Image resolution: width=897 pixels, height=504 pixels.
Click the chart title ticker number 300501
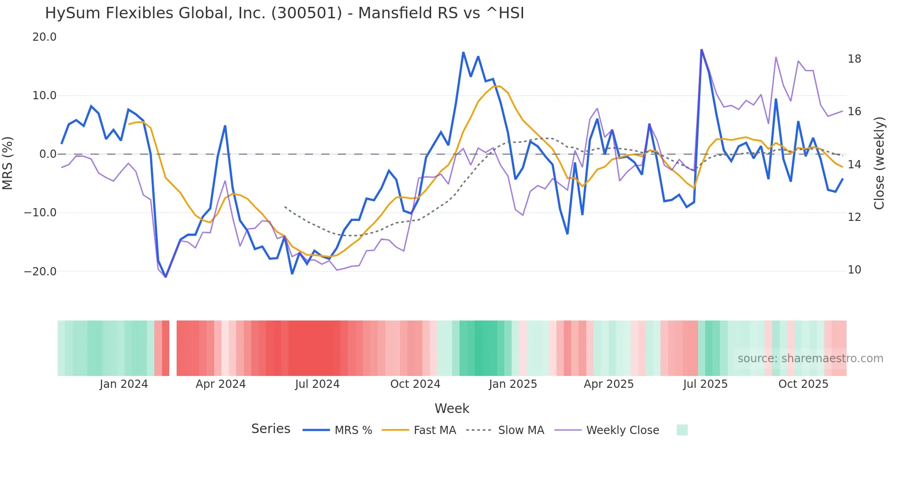306,13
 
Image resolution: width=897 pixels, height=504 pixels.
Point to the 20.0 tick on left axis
44,37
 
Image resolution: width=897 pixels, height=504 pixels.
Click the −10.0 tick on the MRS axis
40,213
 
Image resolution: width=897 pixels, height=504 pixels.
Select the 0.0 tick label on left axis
48,154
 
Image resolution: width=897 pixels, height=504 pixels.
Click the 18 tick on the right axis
854,59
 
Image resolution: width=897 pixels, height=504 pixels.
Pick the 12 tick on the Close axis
854,217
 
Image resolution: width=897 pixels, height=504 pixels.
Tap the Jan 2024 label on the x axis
124,384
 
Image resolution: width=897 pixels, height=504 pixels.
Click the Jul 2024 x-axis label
317,384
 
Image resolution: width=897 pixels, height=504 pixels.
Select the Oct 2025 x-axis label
803,384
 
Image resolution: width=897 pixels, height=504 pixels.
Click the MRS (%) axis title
8,163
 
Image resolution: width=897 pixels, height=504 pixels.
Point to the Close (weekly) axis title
879,163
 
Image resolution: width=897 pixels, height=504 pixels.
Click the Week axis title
452,408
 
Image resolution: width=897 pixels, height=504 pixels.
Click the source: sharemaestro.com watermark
810,359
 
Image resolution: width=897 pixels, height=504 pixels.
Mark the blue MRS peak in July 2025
701,50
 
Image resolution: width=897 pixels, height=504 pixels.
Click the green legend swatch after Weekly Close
682,430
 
